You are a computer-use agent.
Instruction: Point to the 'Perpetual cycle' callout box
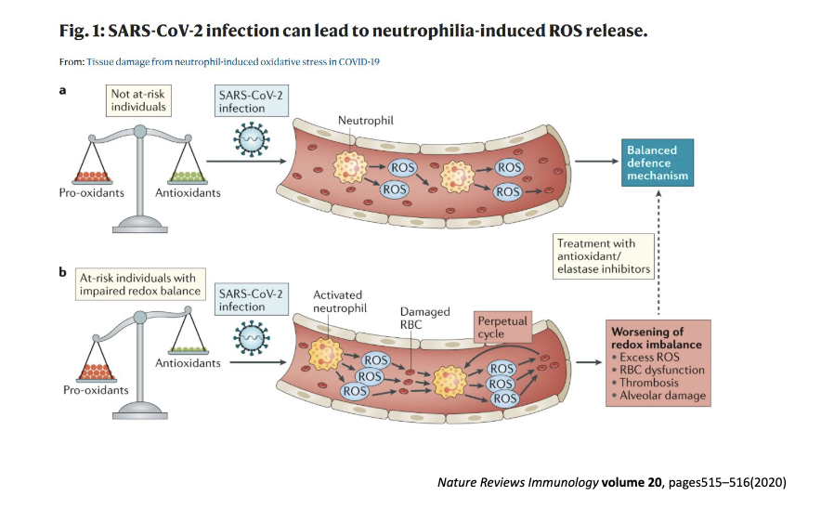[x=502, y=327]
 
